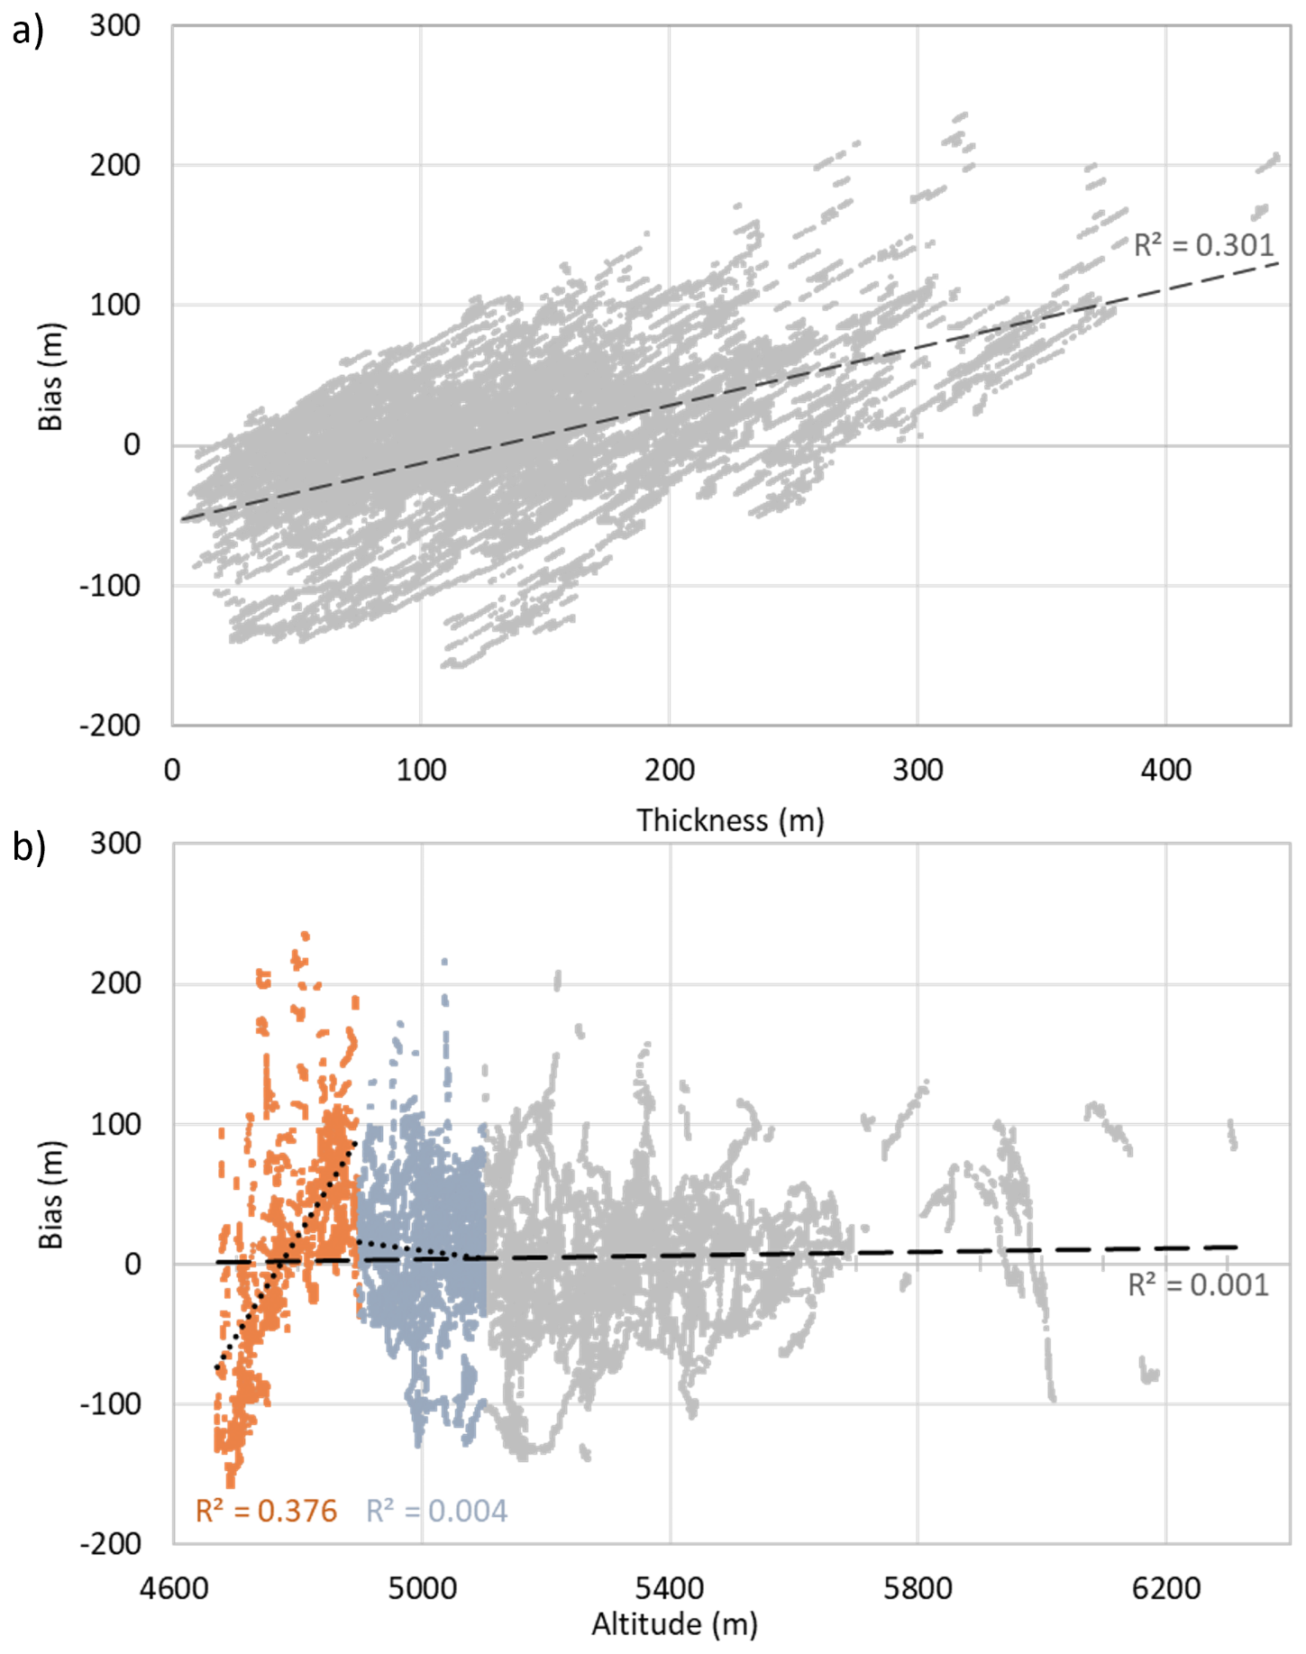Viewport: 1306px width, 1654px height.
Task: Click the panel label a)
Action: click(27, 32)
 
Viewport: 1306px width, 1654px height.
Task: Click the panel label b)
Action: click(28, 847)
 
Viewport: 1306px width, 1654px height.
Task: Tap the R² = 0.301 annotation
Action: click(1203, 245)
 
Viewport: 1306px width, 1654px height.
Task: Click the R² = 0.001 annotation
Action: click(1198, 1284)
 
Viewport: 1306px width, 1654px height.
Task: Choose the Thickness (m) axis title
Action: click(730, 820)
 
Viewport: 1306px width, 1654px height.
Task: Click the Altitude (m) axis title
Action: click(674, 1624)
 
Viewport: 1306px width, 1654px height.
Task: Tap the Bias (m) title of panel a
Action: click(50, 377)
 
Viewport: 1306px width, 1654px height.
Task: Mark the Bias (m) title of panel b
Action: click(50, 1194)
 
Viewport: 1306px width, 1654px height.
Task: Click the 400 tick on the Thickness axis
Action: click(1165, 771)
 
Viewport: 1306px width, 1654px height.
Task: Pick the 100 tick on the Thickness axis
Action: click(421, 771)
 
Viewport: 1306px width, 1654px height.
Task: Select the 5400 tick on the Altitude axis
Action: click(669, 1588)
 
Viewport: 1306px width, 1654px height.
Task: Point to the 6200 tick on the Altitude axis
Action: click(1165, 1588)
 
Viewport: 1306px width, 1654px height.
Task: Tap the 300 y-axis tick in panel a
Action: click(114, 25)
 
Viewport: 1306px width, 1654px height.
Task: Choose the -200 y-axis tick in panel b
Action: click(110, 1544)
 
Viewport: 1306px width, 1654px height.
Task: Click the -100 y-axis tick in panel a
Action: click(110, 586)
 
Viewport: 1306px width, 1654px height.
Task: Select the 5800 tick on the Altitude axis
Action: click(918, 1588)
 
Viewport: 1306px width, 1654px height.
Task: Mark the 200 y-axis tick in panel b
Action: click(115, 983)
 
